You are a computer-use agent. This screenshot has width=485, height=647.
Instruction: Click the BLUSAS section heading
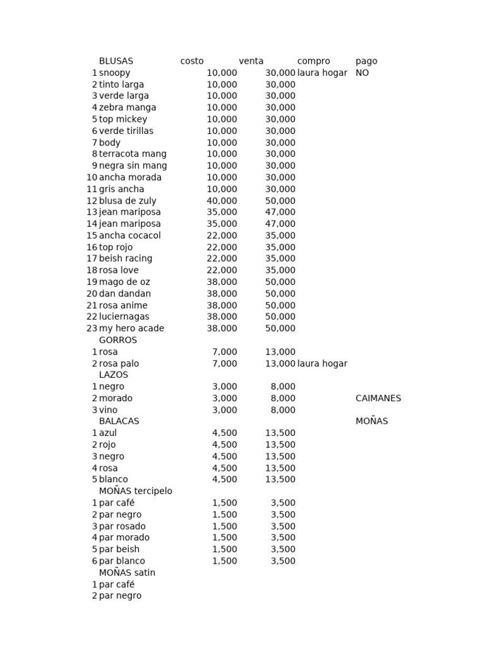pos(116,61)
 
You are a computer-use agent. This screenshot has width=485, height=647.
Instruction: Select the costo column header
pos(192,61)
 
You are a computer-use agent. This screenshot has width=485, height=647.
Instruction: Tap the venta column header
pos(251,61)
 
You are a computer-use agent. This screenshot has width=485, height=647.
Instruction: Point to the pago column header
pos(366,61)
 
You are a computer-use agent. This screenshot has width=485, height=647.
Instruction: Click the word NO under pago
pos(362,73)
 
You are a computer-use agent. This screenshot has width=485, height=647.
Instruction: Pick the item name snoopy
pos(114,73)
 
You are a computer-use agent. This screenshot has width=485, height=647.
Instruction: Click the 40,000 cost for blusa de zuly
pos(222,201)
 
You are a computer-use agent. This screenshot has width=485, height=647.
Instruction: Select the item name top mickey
pos(123,119)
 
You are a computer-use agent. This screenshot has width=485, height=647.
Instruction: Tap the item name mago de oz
pos(124,282)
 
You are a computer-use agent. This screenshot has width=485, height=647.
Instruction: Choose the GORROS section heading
pos(117,340)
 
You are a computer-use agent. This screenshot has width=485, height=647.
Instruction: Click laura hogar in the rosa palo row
pos(322,363)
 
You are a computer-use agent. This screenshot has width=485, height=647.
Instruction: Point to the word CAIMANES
pos(378,398)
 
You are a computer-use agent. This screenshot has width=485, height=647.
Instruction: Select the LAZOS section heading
pos(114,375)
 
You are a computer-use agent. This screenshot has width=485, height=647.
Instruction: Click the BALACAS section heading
pos(119,421)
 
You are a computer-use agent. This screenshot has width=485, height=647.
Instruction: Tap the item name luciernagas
pos(124,317)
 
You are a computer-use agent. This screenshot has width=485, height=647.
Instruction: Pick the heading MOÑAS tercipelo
pos(135,491)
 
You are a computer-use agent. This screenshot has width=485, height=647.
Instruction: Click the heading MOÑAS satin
pos(127,572)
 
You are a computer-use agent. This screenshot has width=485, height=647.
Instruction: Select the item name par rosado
pos(122,526)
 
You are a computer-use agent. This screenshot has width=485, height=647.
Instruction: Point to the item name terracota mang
pos(133,154)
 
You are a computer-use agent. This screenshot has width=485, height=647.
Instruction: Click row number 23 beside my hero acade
pos(92,329)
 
